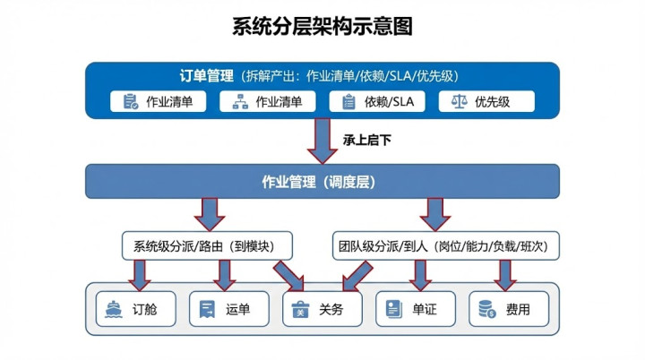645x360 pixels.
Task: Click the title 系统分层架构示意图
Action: [322, 27]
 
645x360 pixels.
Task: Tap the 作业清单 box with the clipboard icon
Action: [159, 101]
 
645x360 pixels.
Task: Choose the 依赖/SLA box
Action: [378, 101]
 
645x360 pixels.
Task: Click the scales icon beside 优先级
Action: [460, 101]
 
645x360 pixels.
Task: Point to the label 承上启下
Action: [366, 140]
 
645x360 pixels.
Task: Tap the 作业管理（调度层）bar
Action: [322, 182]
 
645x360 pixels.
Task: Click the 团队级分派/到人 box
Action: [445, 244]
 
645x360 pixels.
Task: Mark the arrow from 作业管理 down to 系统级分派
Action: [211, 213]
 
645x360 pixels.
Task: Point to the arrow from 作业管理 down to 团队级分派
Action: [436, 213]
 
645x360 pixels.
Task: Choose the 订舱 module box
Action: [137, 309]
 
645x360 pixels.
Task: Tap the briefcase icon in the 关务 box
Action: [302, 310]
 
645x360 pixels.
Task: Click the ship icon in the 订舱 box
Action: [115, 309]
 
